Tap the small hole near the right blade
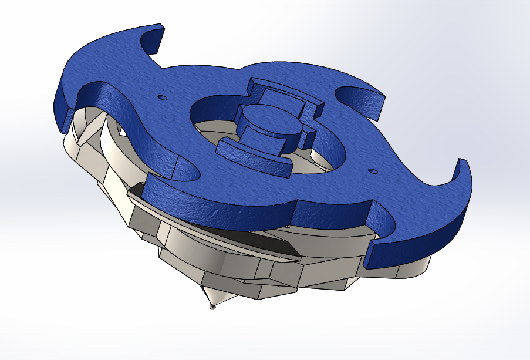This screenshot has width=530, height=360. click(x=372, y=171)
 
